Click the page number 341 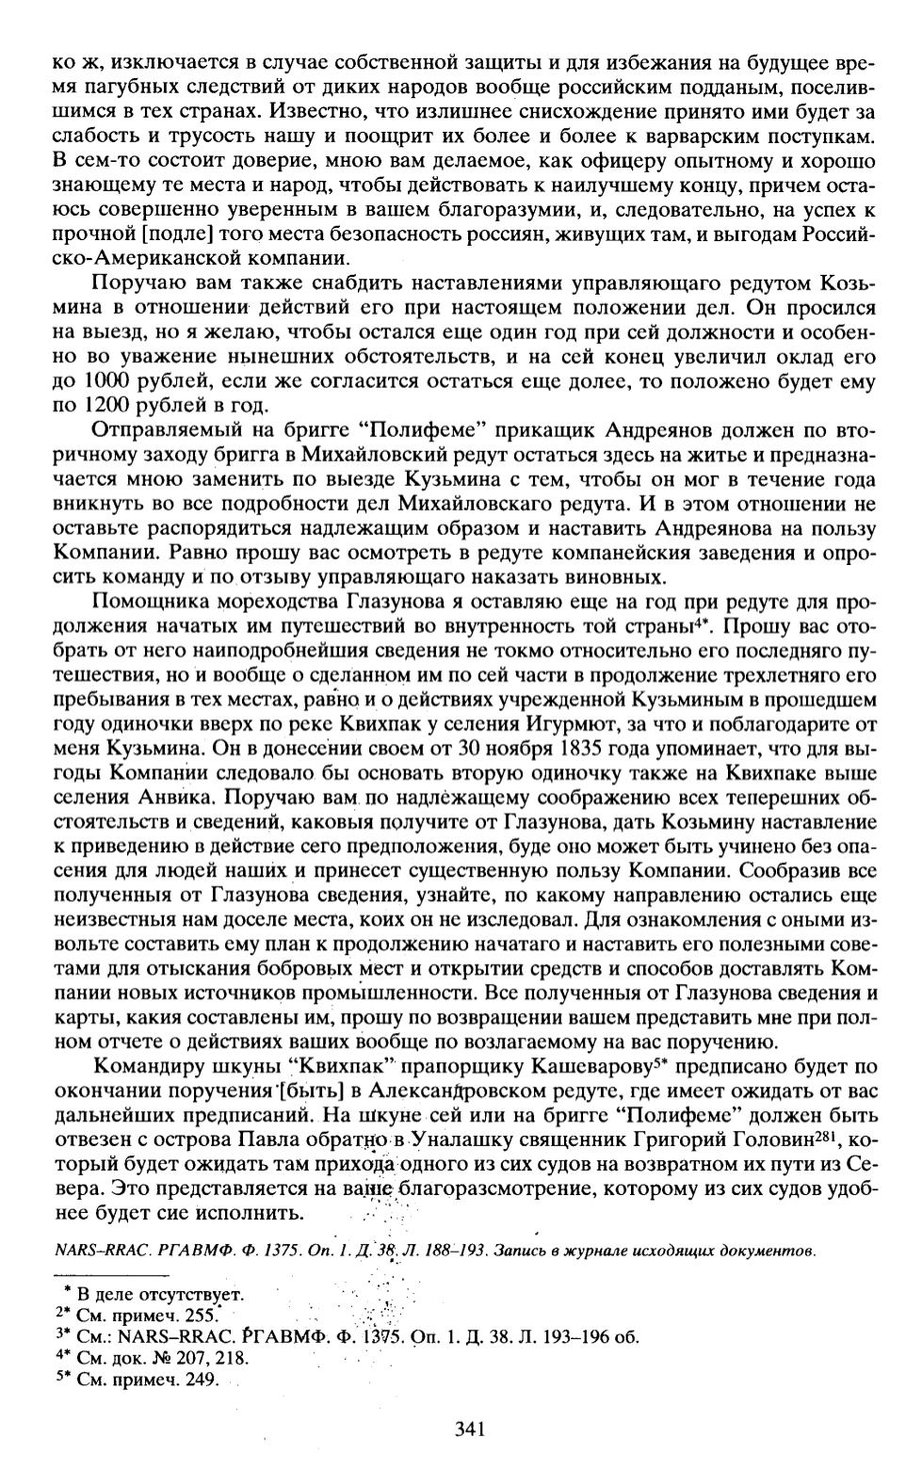click(x=468, y=1430)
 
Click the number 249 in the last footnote click(x=205, y=1381)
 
